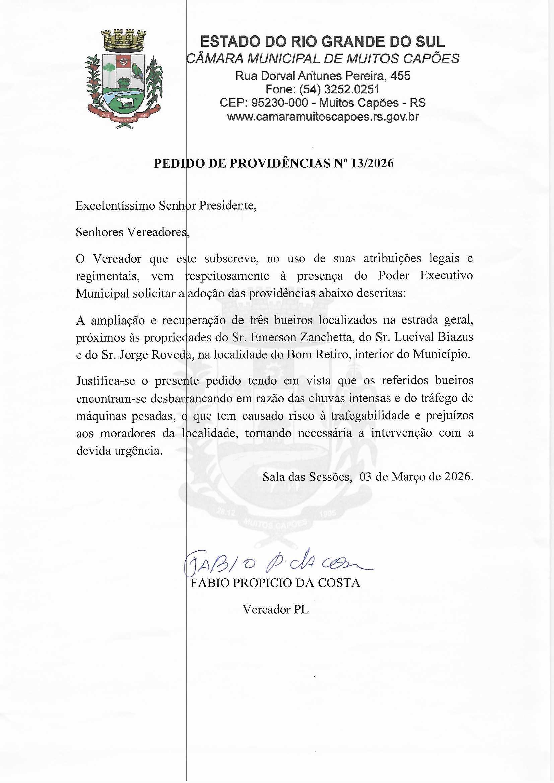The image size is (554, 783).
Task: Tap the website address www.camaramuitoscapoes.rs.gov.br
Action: [x=323, y=117]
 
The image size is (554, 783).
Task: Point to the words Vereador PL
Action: [x=276, y=609]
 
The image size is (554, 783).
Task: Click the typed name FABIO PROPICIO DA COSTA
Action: [x=275, y=583]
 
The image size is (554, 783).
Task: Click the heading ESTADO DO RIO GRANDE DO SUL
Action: [x=322, y=42]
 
